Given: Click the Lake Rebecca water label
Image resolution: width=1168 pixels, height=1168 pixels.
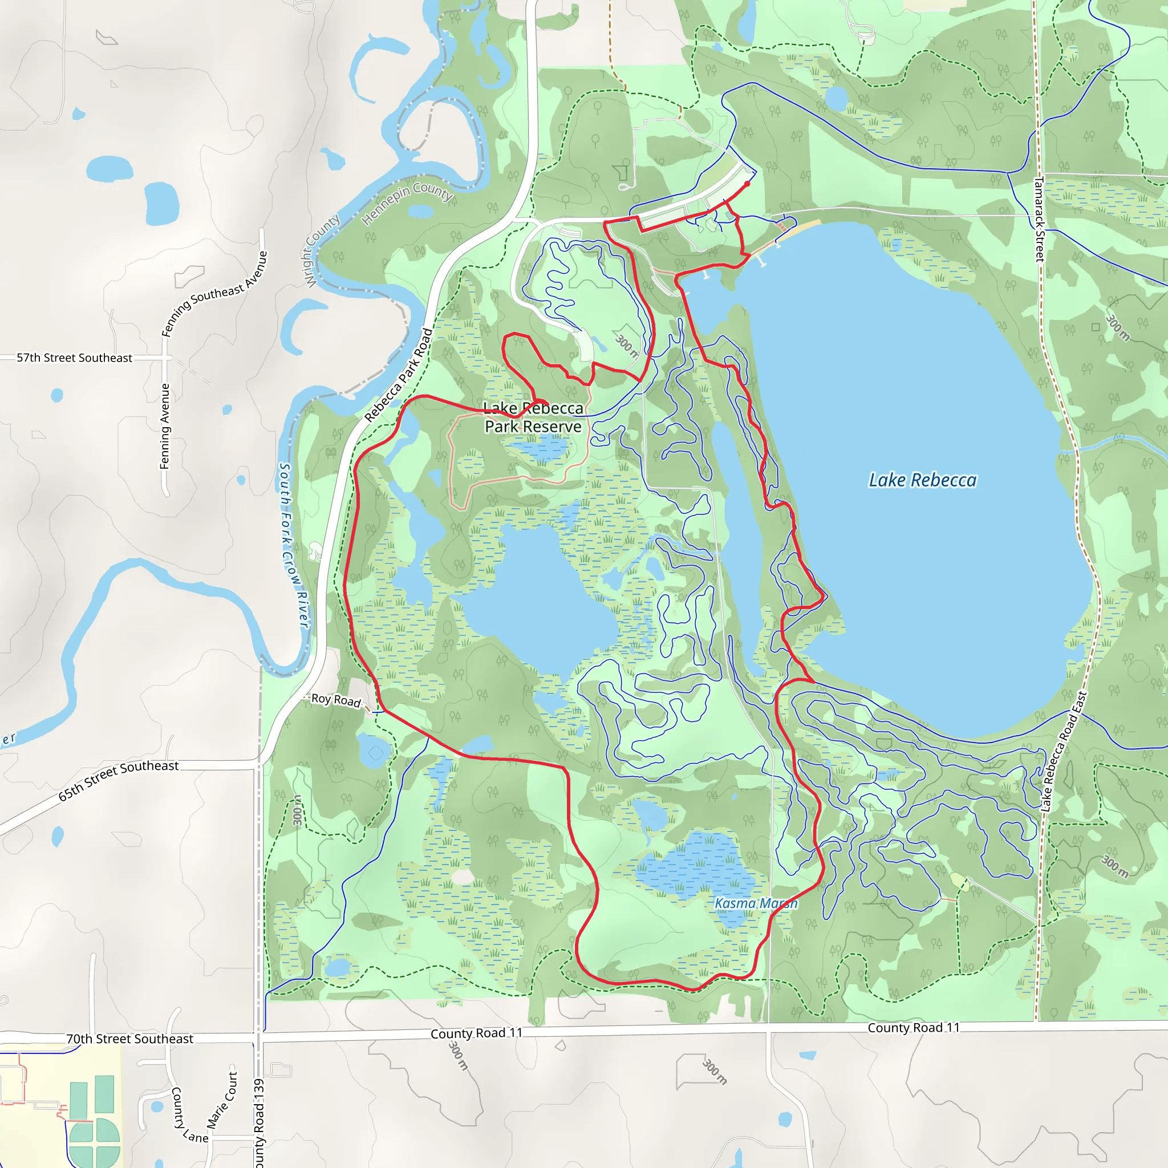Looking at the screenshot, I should pos(922,480).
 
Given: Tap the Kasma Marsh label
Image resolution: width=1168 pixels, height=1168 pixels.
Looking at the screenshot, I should pos(756,903).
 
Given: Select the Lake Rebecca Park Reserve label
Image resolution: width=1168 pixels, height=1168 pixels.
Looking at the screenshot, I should pos(533,417).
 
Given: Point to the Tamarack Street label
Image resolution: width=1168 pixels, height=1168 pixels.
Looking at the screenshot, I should pos(1039,218).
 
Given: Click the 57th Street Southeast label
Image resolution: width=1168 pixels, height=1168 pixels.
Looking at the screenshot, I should pos(74,358).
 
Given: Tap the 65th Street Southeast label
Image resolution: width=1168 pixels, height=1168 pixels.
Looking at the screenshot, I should pos(119,781).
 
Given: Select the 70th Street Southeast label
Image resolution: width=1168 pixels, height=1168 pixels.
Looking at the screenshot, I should pos(129,1039).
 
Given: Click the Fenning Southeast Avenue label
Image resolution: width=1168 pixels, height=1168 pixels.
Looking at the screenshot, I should pos(214,293).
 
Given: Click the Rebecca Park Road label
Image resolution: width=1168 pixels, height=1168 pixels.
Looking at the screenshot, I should pos(399,375).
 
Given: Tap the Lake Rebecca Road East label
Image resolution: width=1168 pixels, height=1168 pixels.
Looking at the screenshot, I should pos(1064,752).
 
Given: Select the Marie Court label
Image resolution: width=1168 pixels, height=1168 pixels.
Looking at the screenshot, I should pos(222,1100).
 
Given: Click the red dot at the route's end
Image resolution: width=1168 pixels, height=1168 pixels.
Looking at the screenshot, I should pos(747,184).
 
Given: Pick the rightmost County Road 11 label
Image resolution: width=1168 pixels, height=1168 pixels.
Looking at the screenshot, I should pos(914,1028).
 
